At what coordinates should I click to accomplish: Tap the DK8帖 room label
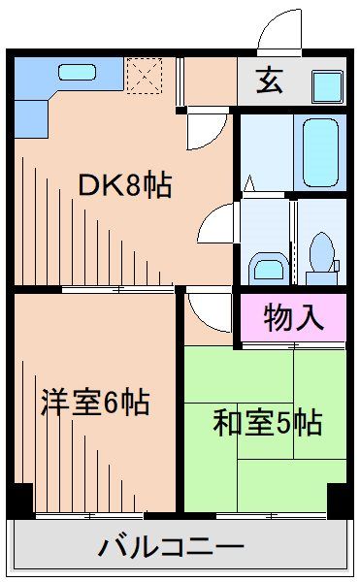coord(125,184)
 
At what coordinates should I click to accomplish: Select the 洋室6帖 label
coord(94,401)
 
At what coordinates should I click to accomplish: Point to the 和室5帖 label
coord(267,423)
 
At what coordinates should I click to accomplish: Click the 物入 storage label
coord(293,316)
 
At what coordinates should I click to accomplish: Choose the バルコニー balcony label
coord(172,546)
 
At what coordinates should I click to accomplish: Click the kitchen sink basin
coord(74,72)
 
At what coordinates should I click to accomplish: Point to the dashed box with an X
coord(143,77)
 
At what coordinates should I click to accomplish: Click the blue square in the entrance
coord(326,85)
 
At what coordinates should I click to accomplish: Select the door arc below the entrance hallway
coord(208,131)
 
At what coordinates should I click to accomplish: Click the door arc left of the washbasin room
coord(215,228)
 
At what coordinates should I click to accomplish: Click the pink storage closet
coord(293,316)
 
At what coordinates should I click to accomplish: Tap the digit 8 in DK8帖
coord(128,184)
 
